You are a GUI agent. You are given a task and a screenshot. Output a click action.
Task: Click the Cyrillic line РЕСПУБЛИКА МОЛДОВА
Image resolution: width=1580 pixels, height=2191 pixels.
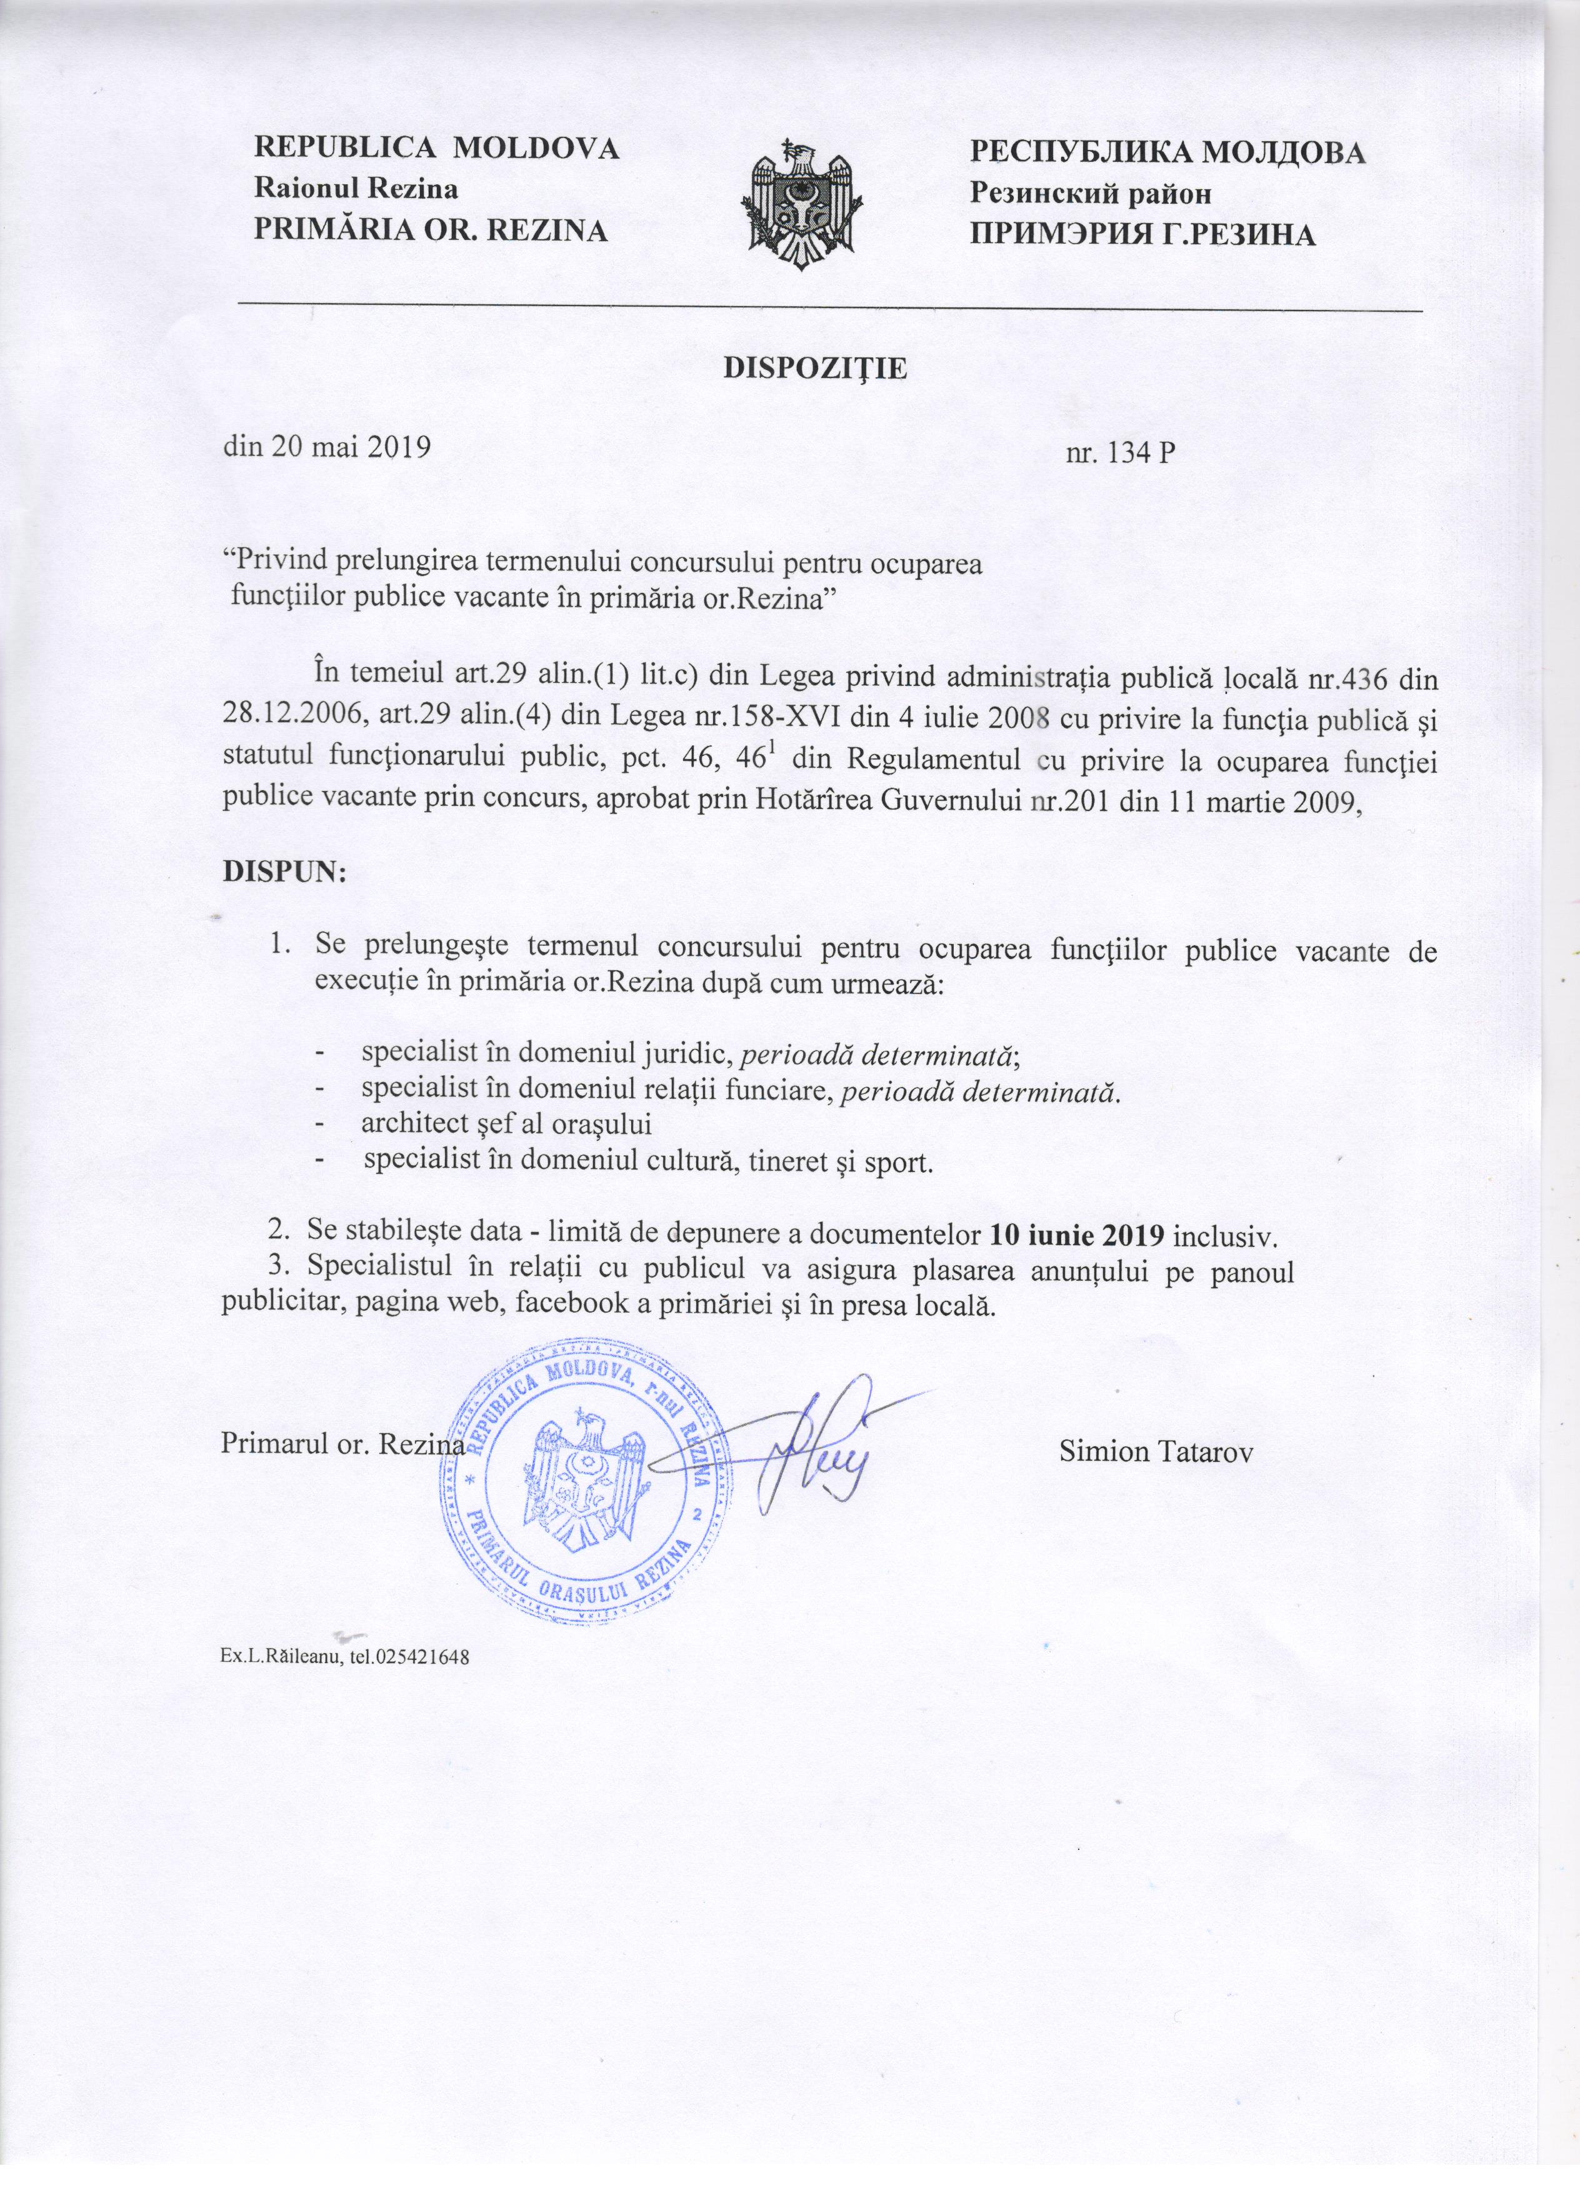coord(1167,152)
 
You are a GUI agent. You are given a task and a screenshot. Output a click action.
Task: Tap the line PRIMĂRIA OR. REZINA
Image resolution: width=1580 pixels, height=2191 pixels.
coord(430,231)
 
